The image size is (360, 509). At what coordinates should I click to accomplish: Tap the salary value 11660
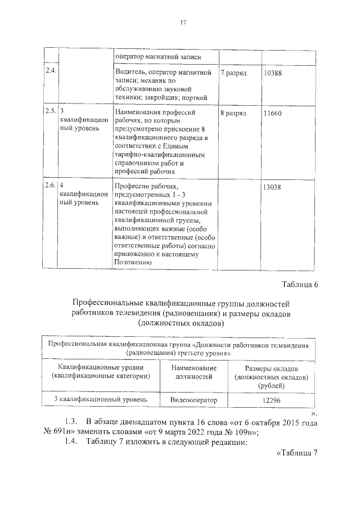272,113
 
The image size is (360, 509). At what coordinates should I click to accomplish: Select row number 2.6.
49,185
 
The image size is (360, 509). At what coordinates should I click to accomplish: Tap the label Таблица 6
299,284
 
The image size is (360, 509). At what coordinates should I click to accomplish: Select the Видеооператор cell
193,400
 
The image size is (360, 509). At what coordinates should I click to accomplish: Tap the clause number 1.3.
71,422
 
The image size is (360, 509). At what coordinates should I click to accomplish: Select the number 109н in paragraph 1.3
245,433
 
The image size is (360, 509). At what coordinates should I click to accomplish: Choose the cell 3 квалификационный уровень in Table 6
101,399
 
